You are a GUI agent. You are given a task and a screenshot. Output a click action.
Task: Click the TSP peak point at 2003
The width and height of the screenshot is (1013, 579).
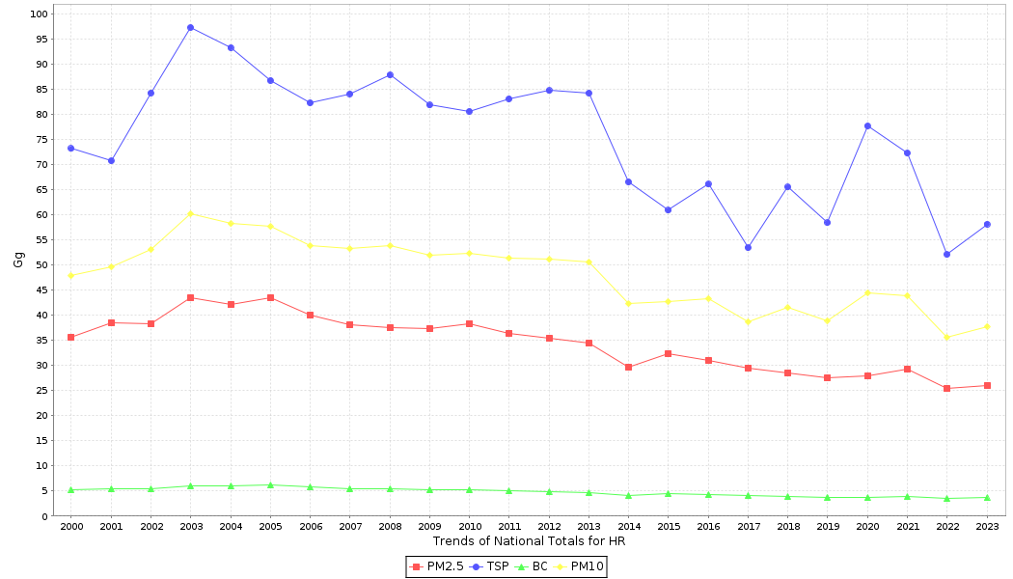190,27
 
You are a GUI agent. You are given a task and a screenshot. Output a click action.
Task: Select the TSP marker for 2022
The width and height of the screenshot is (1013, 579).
946,254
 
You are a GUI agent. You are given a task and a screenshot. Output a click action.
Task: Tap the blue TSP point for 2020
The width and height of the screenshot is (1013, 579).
867,125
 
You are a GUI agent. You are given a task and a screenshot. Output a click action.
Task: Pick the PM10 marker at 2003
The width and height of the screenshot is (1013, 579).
190,213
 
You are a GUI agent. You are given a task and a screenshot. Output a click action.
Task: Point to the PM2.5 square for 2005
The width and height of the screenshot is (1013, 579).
270,297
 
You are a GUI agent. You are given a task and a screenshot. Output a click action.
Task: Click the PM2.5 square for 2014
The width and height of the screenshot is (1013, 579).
628,367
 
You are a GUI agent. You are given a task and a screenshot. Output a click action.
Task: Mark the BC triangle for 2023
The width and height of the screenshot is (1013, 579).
987,497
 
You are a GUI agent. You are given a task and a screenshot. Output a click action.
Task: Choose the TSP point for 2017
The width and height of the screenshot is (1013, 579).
748,247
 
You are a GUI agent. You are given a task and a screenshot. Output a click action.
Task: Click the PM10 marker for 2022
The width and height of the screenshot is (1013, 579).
946,337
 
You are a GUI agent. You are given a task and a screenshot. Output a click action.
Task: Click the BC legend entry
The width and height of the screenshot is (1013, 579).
533,566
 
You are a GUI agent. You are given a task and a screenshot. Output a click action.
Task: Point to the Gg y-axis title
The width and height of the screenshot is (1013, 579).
18,260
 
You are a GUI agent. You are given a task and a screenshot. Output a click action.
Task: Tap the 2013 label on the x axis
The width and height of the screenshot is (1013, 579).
589,526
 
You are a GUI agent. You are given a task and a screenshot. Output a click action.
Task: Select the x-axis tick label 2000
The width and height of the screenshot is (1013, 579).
71,526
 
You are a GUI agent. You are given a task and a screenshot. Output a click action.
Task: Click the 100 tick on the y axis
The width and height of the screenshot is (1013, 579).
39,14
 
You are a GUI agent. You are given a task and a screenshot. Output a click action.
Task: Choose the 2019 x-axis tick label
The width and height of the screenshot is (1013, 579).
827,526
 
